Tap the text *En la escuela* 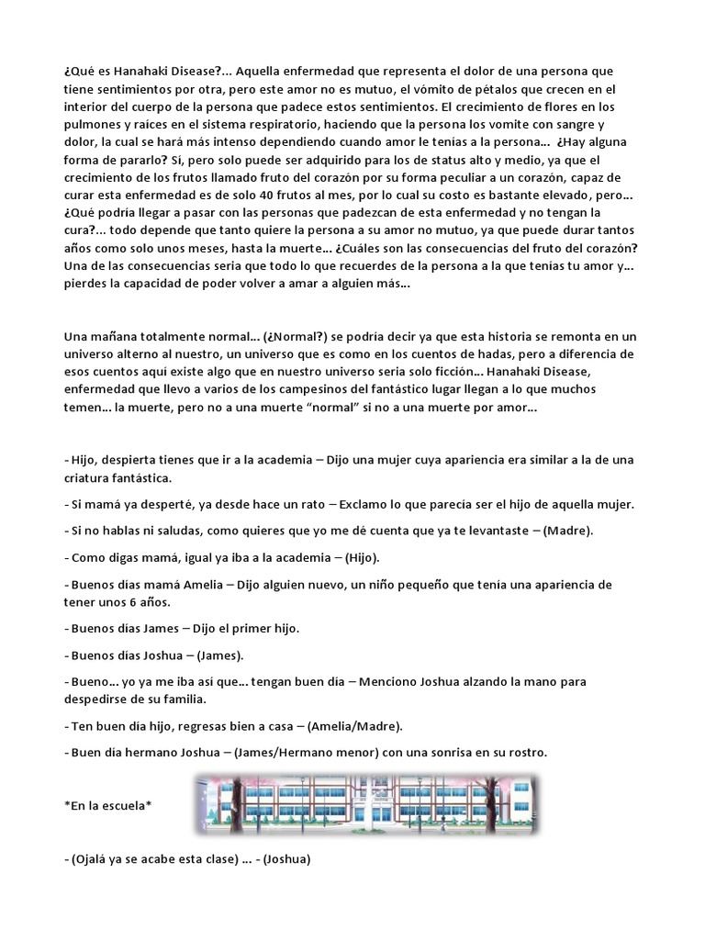pyautogui.click(x=108, y=806)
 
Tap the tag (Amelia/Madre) pyautogui.click(x=353, y=725)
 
